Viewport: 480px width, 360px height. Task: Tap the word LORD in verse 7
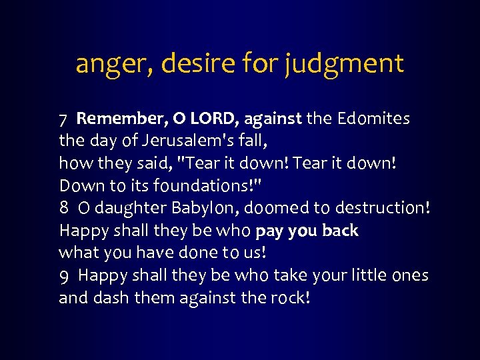214,119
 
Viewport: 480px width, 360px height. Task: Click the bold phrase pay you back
307,231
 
